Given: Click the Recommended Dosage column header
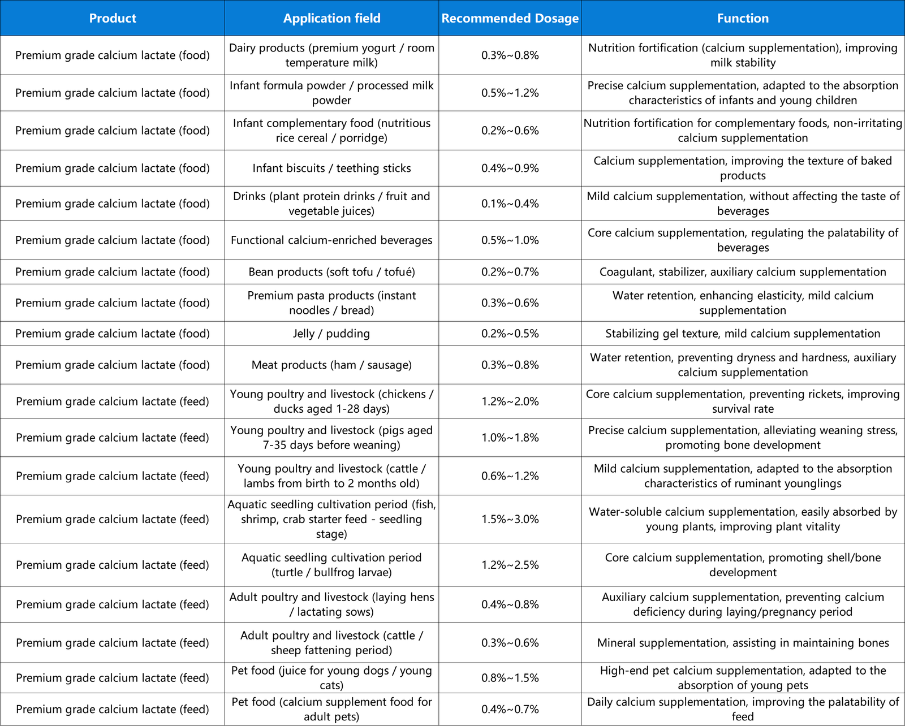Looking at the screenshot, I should pos(510,18).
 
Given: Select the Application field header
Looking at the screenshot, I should pos(331,18).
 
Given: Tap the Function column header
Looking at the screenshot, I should pos(743,18).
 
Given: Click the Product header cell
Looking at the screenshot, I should pos(113,18).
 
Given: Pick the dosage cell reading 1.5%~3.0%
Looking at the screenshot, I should pos(510,519).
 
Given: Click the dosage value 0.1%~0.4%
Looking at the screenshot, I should pos(510,204).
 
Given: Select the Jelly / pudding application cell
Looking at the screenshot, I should pos(331,334).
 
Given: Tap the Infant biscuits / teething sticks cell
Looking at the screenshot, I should pos(331,168).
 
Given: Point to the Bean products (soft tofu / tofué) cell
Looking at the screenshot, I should pos(331,272).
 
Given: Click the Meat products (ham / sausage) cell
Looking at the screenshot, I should pos(331,365).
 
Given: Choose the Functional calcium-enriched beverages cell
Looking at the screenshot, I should pos(331,240).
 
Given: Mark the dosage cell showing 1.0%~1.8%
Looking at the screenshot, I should pos(510,438).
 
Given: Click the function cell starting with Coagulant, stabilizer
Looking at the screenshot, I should pos(743,272).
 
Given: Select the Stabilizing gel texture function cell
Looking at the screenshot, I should pos(743,334).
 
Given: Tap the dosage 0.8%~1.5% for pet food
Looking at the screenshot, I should pos(510,678).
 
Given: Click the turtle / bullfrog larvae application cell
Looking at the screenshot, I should pos(331,565).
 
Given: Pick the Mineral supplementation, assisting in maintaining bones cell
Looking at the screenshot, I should pos(743,643).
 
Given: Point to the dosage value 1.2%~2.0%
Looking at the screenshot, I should pos(510,401).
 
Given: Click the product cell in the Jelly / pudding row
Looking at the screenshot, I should pos(113,334).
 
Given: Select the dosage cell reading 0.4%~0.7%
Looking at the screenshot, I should pos(510,709).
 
